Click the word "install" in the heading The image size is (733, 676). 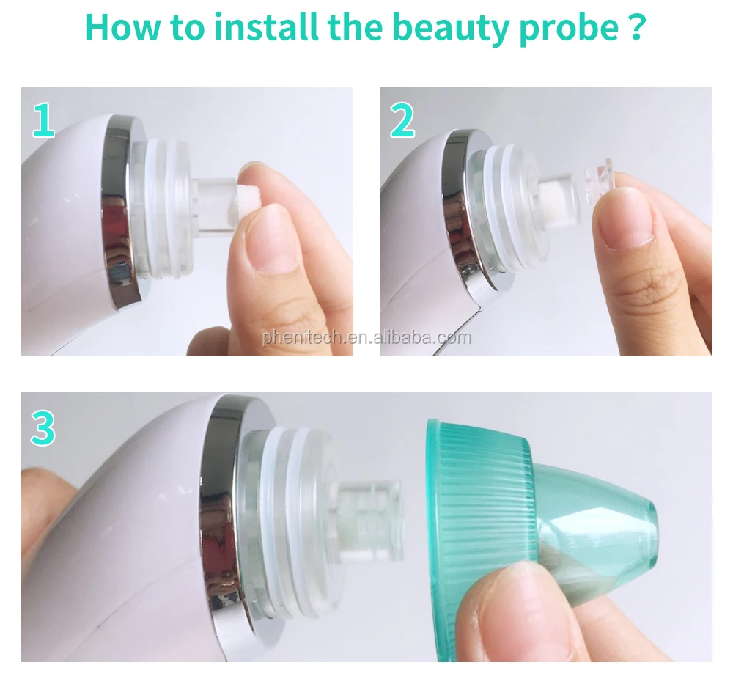[x=268, y=26]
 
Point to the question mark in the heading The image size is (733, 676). [x=636, y=27]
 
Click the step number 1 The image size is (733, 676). [x=43, y=120]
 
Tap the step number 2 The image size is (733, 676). [x=402, y=120]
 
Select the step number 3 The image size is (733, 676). [x=43, y=427]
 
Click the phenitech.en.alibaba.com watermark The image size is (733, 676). [x=366, y=337]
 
